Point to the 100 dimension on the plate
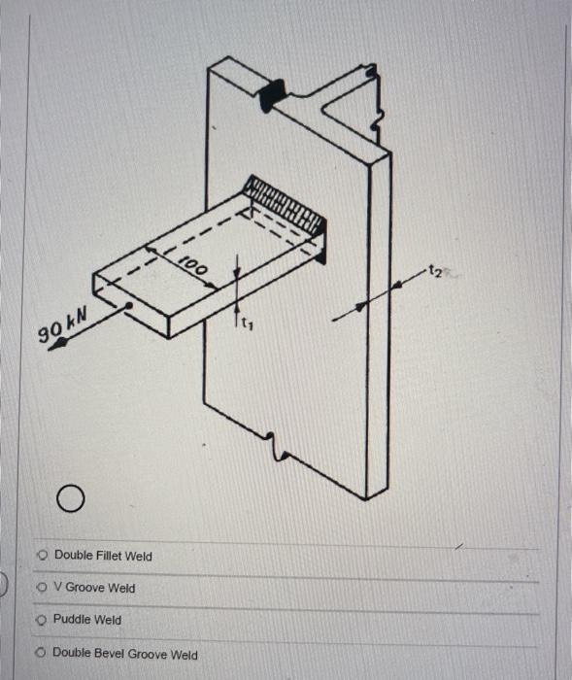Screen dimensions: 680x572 click(195, 266)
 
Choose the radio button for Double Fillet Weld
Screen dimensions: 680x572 click(43, 556)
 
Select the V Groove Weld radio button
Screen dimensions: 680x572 click(41, 588)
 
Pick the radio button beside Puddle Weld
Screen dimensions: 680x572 click(42, 620)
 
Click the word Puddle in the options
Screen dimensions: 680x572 click(73, 620)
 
